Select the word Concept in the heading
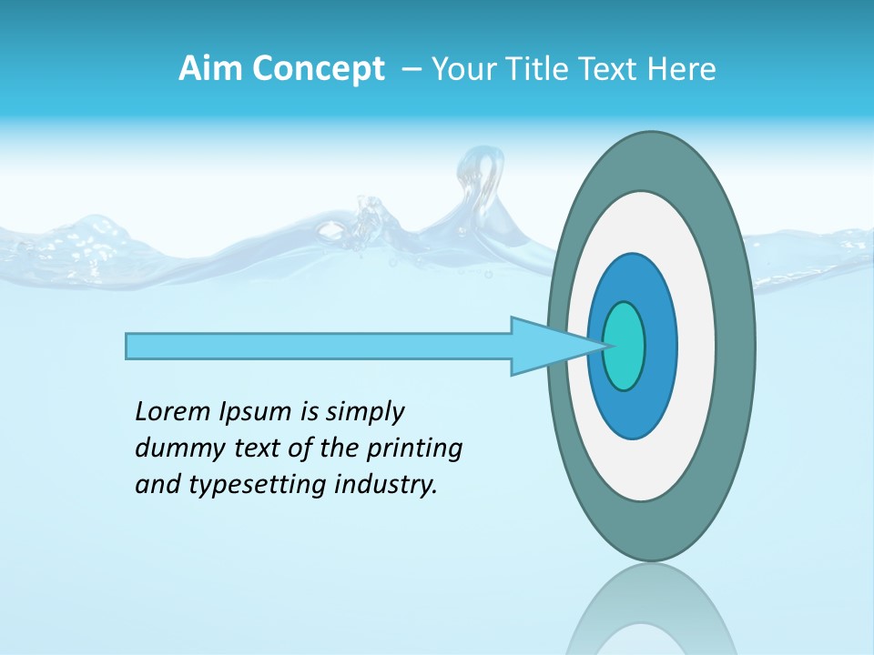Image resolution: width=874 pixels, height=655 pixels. coord(318,70)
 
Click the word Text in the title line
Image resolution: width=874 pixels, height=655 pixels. coord(609,69)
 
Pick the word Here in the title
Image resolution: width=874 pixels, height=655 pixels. coord(681,69)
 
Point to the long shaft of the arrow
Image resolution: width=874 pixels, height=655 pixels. coord(319,346)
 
